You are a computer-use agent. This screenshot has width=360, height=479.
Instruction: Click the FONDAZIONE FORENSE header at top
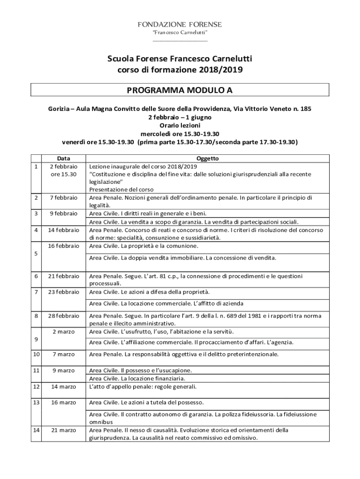click(x=180, y=24)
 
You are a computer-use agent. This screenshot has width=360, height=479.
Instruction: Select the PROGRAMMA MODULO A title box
click(x=180, y=90)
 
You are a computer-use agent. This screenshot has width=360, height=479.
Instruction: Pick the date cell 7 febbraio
click(x=64, y=198)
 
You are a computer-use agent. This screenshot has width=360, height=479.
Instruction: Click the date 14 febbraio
click(x=64, y=230)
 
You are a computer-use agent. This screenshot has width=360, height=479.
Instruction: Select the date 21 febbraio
click(x=64, y=276)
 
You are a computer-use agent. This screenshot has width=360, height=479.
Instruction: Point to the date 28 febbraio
click(x=64, y=316)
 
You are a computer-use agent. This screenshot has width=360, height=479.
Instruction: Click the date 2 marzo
click(x=64, y=332)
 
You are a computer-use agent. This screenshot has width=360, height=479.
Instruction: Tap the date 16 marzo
click(x=64, y=402)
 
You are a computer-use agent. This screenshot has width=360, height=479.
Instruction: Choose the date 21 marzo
click(x=64, y=430)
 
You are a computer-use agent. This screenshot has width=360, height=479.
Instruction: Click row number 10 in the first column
click(x=36, y=354)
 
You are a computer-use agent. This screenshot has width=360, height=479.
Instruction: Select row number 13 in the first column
click(x=36, y=402)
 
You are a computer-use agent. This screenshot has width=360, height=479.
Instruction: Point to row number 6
click(x=36, y=276)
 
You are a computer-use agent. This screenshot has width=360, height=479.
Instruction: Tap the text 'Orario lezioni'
click(x=180, y=125)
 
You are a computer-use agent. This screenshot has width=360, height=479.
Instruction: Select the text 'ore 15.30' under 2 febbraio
click(x=64, y=174)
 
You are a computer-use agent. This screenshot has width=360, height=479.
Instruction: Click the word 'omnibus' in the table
click(x=101, y=422)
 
